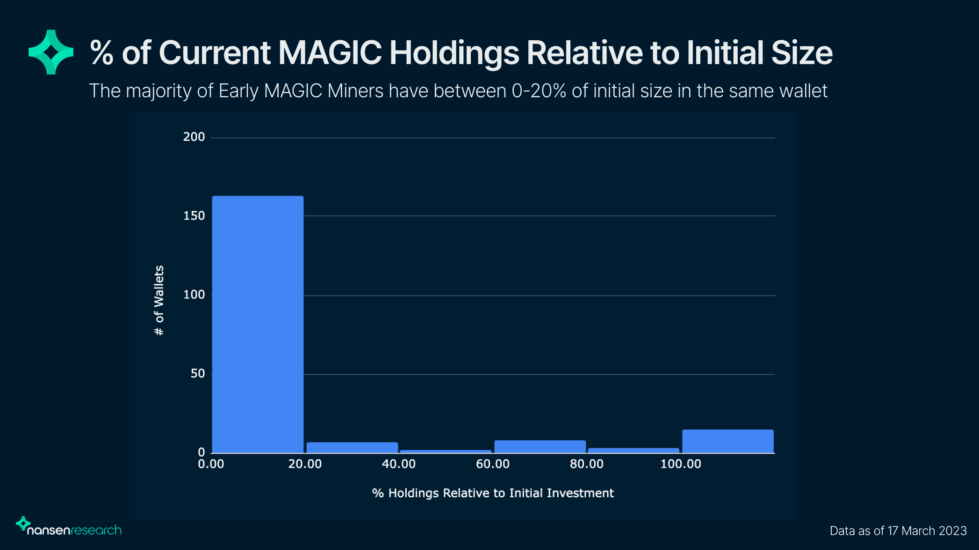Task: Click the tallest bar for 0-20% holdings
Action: point(258,324)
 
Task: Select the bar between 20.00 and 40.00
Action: point(352,448)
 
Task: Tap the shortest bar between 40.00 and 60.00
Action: point(446,451)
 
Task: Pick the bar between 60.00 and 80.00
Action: point(540,447)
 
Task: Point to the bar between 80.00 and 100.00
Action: point(633,450)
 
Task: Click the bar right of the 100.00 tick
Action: point(727,441)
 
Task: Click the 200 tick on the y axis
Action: point(194,137)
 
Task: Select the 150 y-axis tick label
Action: point(194,216)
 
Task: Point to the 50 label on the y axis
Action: point(198,374)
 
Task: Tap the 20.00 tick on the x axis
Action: point(305,464)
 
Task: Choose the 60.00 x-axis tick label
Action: point(493,464)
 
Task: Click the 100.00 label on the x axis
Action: point(681,464)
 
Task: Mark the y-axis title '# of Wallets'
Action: point(159,300)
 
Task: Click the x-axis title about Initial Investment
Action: point(493,493)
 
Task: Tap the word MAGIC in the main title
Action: point(330,52)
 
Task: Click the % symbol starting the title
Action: point(101,52)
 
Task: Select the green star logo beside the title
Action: point(51,52)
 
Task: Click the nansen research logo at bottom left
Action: point(69,527)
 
